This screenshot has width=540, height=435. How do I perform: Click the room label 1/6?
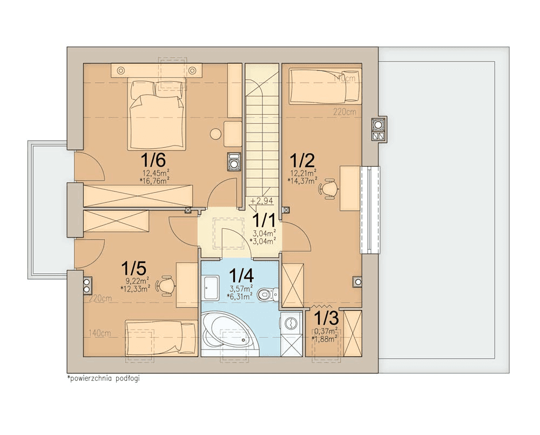[x=153, y=160]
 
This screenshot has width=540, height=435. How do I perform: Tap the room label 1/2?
[x=302, y=160]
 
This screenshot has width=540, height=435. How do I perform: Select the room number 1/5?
[x=133, y=268]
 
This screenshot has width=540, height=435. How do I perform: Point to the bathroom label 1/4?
[x=241, y=275]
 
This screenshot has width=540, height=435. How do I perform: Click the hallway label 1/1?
[x=264, y=220]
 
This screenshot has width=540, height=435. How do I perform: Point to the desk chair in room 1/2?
[x=328, y=188]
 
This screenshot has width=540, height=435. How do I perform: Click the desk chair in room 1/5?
[x=166, y=285]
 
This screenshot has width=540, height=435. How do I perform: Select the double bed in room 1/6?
[x=157, y=114]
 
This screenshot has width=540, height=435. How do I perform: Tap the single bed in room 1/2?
[x=325, y=86]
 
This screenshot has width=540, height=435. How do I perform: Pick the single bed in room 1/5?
[x=161, y=338]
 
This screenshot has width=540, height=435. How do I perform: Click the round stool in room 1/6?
[x=216, y=134]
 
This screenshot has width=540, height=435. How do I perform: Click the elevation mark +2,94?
[x=262, y=200]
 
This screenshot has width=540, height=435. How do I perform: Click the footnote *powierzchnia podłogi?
[x=104, y=378]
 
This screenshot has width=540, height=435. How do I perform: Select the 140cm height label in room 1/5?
[x=100, y=333]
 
